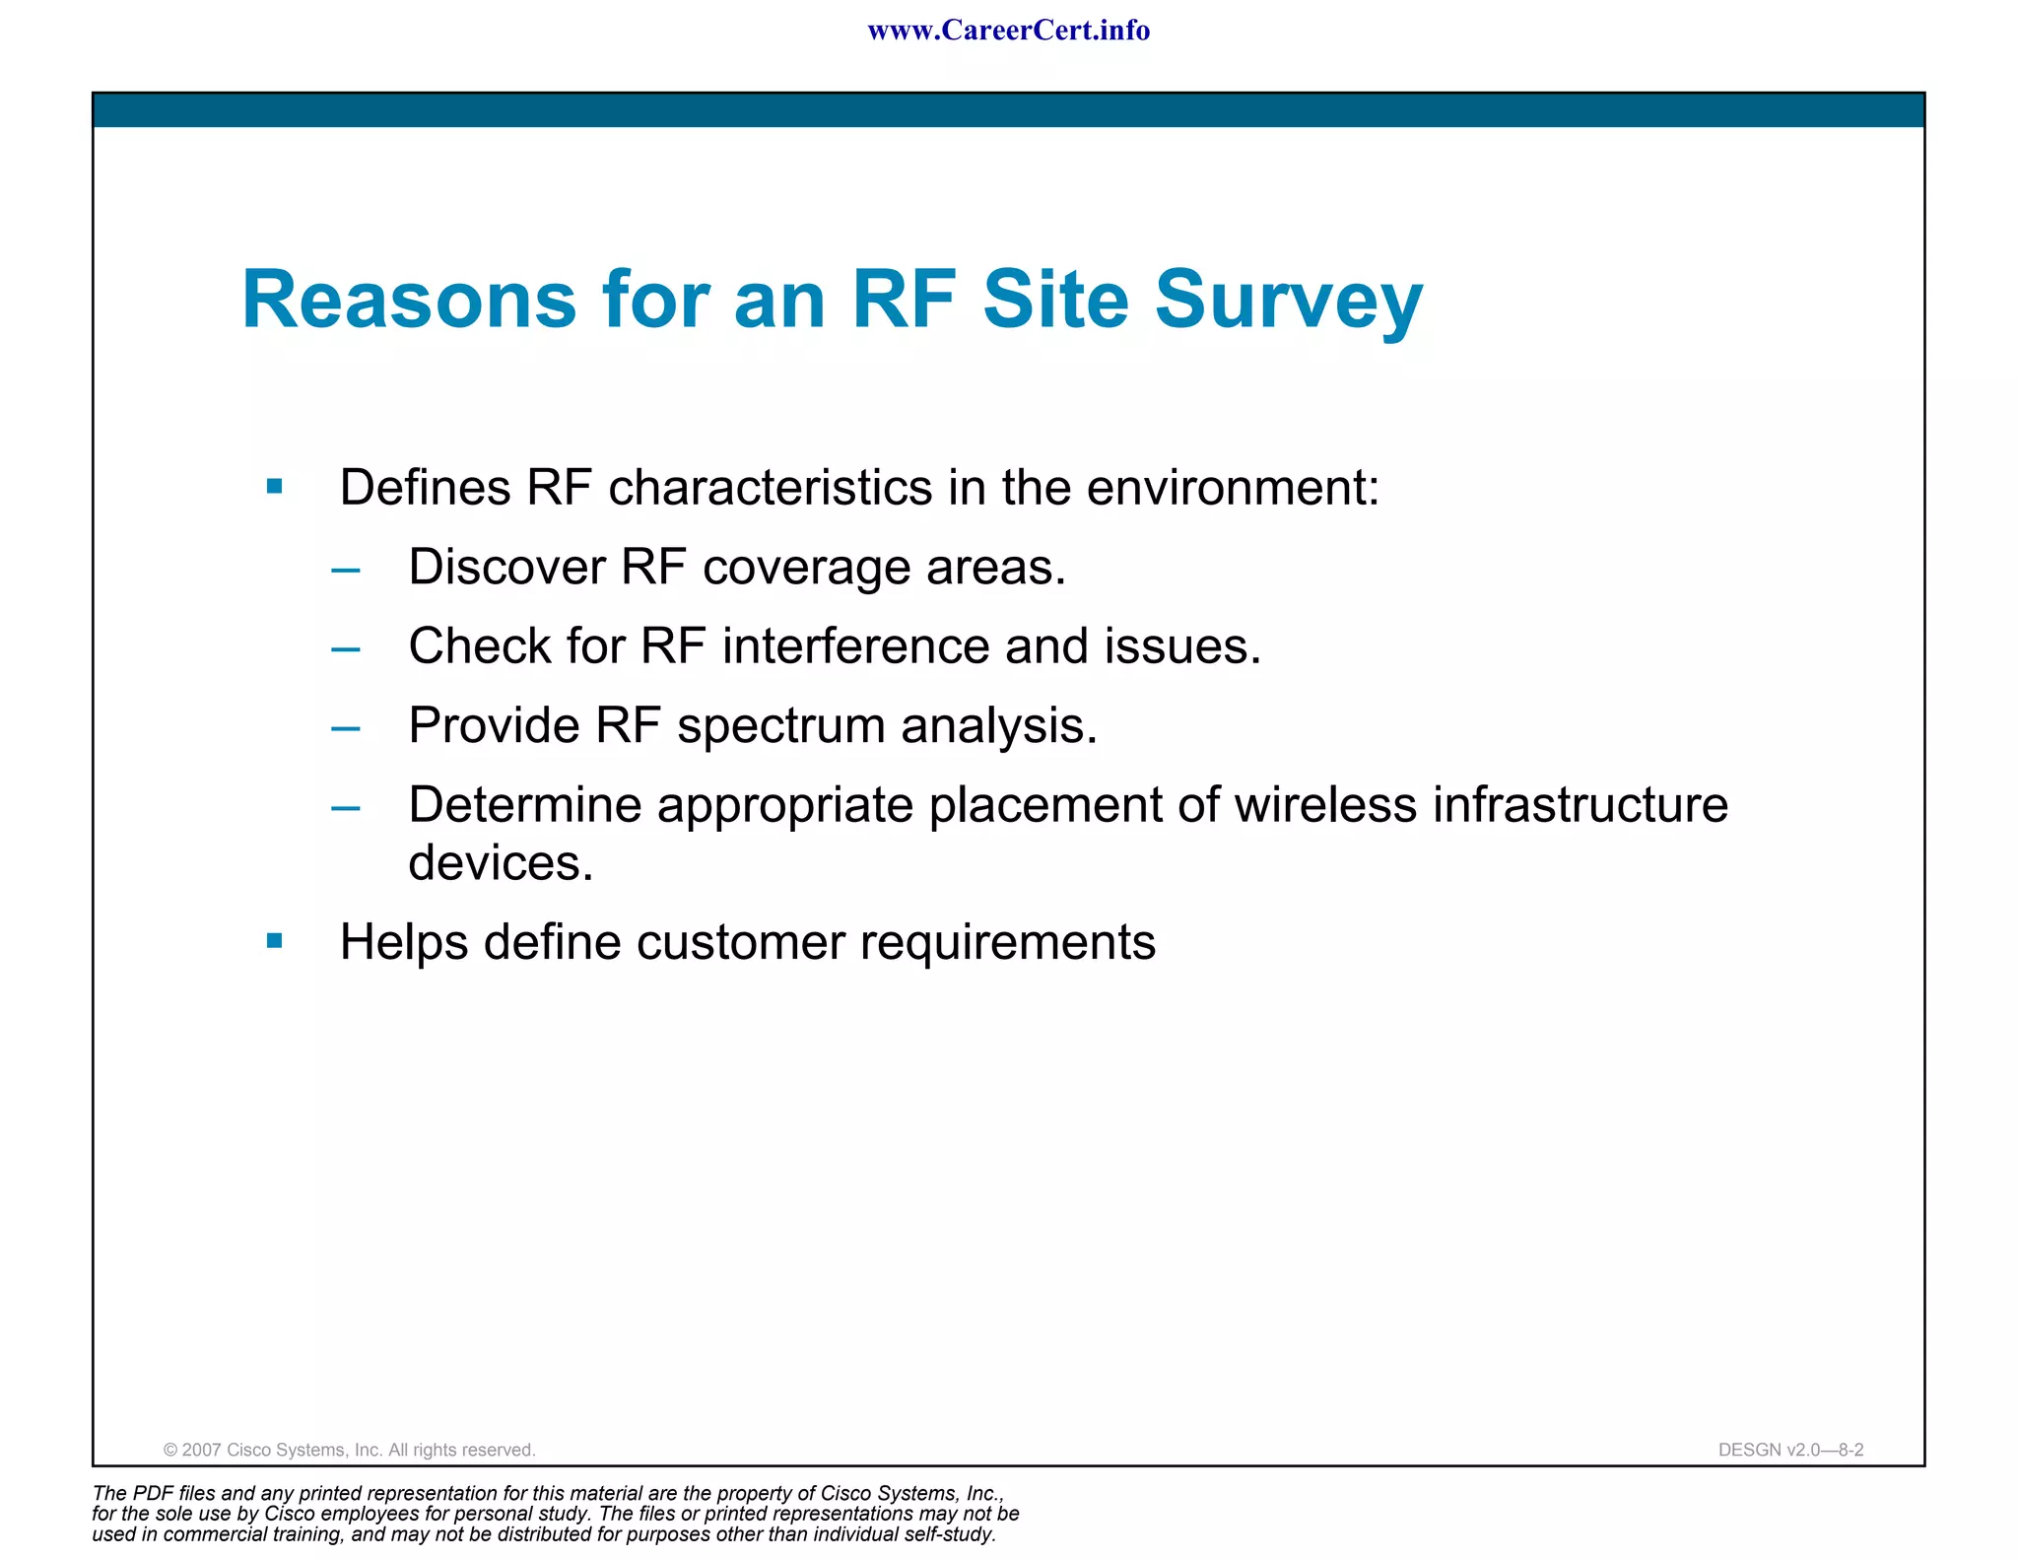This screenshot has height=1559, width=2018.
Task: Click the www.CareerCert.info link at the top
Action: click(x=1008, y=31)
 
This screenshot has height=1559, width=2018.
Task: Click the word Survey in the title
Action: click(x=1288, y=301)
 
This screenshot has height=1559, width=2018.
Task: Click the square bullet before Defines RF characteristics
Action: click(x=275, y=486)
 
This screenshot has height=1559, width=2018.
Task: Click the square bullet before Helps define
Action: click(x=275, y=941)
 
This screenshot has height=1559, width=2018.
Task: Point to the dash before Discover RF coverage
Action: click(x=346, y=570)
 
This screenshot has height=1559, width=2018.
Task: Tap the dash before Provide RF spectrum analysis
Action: click(x=346, y=728)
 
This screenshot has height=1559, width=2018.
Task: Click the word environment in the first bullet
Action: click(x=1233, y=488)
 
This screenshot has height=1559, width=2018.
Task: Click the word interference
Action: click(x=855, y=646)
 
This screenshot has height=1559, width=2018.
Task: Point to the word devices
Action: click(x=501, y=863)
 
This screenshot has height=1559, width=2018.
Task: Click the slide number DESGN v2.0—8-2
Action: click(x=1790, y=1450)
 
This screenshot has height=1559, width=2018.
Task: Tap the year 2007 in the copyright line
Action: click(x=202, y=1450)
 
